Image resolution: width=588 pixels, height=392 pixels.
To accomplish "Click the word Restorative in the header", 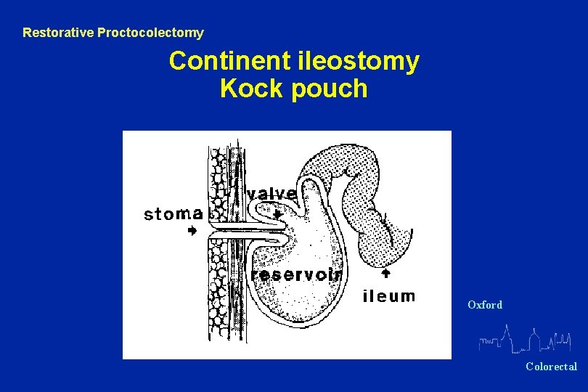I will pos(56,33).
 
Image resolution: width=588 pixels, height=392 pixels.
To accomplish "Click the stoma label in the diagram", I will pos(173,213).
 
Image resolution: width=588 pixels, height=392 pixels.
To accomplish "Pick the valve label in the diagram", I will pos(271,194).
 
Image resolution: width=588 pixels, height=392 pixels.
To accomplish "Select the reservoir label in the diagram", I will pos(296,274).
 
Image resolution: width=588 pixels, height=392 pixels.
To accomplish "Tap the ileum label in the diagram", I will pos(388,295).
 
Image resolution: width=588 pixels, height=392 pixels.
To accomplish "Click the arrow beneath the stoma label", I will pos(192,231).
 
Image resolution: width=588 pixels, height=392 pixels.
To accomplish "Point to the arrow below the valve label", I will pos(277,213).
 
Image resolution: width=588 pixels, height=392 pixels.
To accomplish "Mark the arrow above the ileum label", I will pos(386,273).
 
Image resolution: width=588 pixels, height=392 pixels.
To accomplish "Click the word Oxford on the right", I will pos(485,305).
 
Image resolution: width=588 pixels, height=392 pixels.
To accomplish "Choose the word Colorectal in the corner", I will pos(552,367).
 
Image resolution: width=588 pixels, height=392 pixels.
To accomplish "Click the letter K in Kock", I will pos(228,89).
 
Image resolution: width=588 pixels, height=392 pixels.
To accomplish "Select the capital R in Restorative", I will pos(27,33).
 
